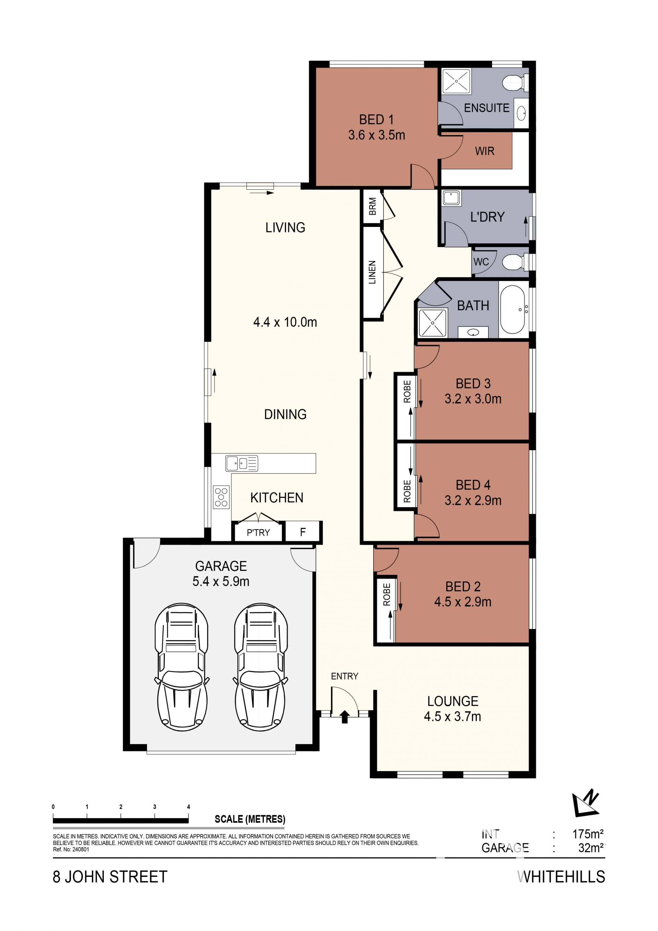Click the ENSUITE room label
[487, 108]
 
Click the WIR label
[485, 151]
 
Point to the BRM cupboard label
[372, 206]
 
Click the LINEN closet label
[372, 272]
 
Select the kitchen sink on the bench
[242, 463]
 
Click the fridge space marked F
[303, 532]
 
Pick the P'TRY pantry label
[258, 532]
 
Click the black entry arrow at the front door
[345, 717]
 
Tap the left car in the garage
[182, 667]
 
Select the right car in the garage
[261, 667]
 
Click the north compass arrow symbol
[585, 803]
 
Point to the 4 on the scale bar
[188, 807]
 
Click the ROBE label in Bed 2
[387, 594]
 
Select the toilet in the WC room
[515, 262]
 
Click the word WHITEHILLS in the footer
[561, 877]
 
